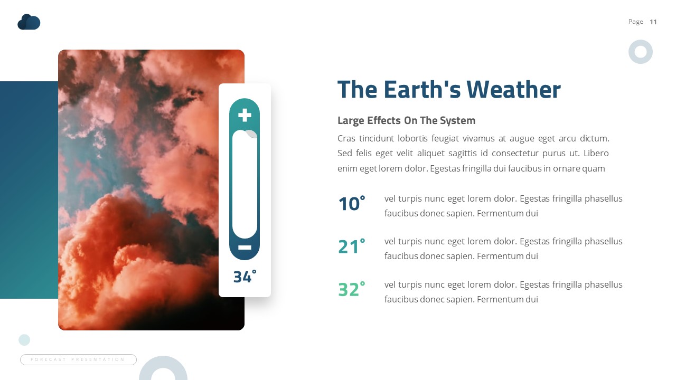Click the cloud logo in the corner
(29, 22)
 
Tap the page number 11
(653, 22)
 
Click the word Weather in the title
(513, 89)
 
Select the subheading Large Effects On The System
(406, 120)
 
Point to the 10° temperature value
(351, 204)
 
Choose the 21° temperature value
(351, 246)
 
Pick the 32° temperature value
(351, 290)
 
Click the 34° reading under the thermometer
(245, 277)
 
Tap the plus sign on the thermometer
(245, 115)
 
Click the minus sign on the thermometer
(245, 247)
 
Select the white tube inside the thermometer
(245, 185)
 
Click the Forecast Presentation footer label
(78, 359)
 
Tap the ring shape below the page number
(641, 52)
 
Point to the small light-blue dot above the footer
(24, 340)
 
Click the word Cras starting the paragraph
(346, 139)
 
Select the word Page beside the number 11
(635, 22)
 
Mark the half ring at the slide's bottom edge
(163, 369)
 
